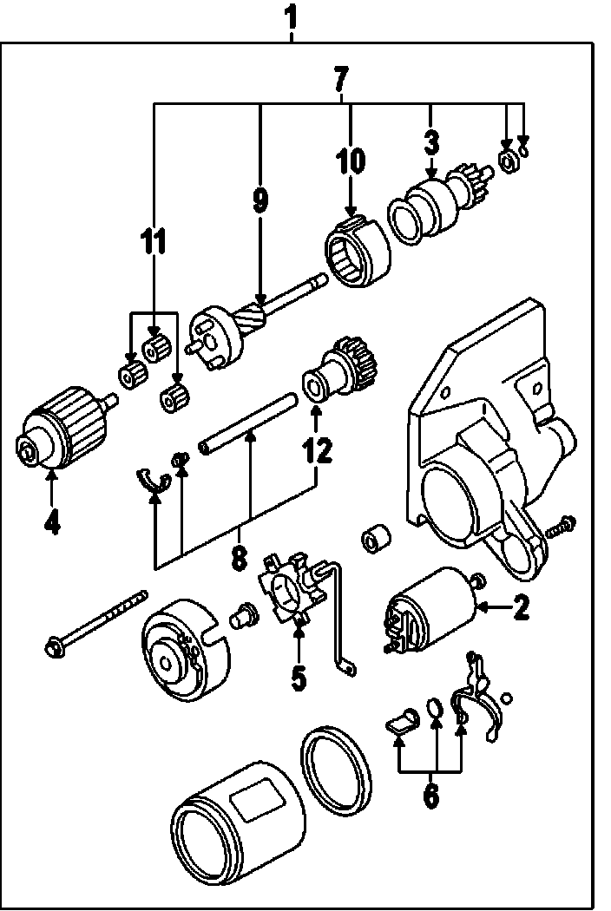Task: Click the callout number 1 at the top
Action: tap(292, 18)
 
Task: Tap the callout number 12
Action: tap(317, 449)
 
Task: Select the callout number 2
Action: tap(521, 607)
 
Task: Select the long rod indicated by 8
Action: tap(248, 423)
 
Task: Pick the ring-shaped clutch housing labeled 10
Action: tap(358, 251)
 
